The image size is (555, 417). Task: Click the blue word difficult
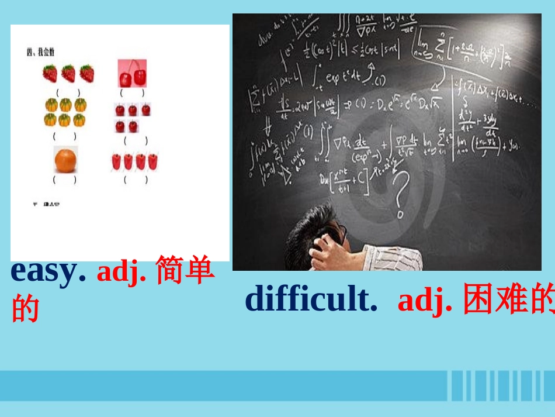pyautogui.click(x=310, y=299)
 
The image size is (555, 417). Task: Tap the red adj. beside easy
pyautogui.click(x=122, y=273)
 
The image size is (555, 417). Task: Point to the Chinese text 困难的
pyautogui.click(x=507, y=301)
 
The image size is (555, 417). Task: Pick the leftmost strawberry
pyautogui.click(x=50, y=74)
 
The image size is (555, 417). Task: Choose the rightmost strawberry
pyautogui.click(x=86, y=74)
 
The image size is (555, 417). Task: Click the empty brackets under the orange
pyautogui.click(x=65, y=180)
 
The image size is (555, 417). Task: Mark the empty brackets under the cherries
pyautogui.click(x=132, y=93)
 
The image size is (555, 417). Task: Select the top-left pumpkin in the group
pyautogui.click(x=51, y=105)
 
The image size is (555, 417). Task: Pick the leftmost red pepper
pyautogui.click(x=116, y=161)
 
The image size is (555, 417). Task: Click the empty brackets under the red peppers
pyautogui.click(x=136, y=180)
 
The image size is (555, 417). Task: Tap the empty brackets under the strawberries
pyautogui.click(x=68, y=93)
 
